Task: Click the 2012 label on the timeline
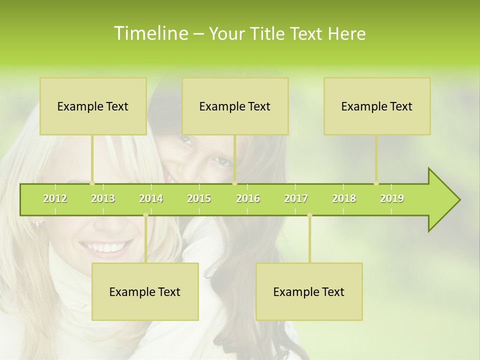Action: click(55, 198)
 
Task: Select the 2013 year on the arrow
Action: click(103, 198)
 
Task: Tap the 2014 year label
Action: click(151, 198)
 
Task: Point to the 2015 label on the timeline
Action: click(199, 198)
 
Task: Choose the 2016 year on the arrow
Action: click(248, 198)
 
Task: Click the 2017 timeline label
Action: click(296, 198)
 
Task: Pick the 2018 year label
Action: click(344, 198)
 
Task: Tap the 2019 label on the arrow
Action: click(392, 198)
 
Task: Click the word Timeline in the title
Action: click(150, 33)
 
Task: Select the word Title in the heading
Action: click(269, 34)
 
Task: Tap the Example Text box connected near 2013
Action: click(93, 106)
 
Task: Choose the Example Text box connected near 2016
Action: click(235, 106)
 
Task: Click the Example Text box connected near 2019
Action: click(377, 106)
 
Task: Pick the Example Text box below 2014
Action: click(145, 291)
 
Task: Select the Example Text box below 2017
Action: click(309, 291)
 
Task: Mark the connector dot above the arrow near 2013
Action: click(92, 183)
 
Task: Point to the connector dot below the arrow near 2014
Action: click(145, 215)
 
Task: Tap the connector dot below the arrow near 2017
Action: click(309, 215)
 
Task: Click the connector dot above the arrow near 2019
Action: click(376, 183)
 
